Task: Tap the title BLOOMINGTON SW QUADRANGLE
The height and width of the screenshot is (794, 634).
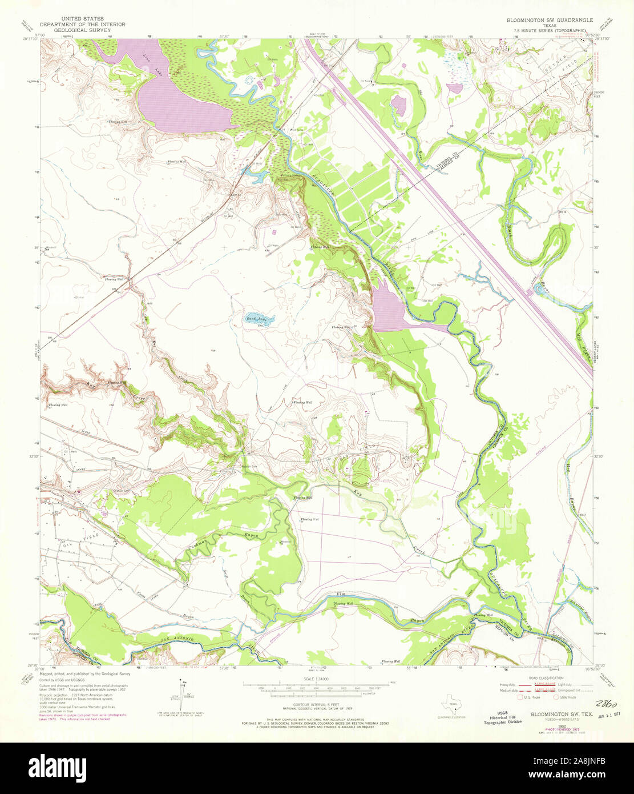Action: pyautogui.click(x=550, y=20)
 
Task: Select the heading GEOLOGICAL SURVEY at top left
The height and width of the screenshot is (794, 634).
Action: pyautogui.click(x=82, y=30)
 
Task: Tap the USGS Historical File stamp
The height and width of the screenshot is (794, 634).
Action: pyautogui.click(x=502, y=717)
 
